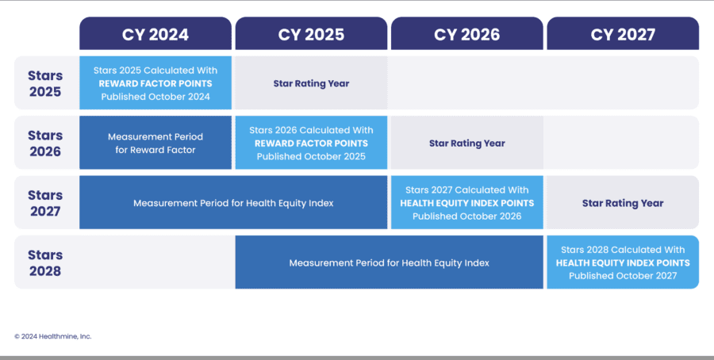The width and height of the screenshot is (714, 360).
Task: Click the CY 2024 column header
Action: click(x=155, y=33)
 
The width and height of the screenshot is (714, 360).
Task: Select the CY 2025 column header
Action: click(x=311, y=33)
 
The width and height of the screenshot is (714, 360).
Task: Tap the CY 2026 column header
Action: click(x=466, y=33)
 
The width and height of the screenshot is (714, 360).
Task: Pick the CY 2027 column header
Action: click(x=623, y=33)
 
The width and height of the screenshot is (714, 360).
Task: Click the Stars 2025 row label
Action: click(x=45, y=83)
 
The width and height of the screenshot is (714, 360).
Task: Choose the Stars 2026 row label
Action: click(x=45, y=144)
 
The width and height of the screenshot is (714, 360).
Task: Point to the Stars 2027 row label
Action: click(x=45, y=203)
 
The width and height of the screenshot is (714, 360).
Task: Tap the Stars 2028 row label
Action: click(x=45, y=262)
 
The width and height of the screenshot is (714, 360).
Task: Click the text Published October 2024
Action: click(x=155, y=97)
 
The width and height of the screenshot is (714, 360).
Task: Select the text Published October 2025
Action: click(x=311, y=156)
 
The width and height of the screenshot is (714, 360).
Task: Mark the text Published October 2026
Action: click(x=466, y=216)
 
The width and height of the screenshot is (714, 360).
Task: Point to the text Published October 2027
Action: click(x=623, y=276)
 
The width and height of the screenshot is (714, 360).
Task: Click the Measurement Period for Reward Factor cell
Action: click(x=155, y=143)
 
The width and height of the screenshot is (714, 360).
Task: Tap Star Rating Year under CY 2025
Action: click(x=311, y=83)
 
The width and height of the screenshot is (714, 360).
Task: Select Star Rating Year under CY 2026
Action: click(x=466, y=144)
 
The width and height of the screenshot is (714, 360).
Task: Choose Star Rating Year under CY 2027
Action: click(x=623, y=203)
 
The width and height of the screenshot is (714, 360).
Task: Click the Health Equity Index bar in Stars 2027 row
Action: click(x=233, y=202)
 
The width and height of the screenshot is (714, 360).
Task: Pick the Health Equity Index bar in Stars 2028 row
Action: click(x=389, y=262)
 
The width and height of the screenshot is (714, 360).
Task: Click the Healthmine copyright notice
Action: click(x=53, y=336)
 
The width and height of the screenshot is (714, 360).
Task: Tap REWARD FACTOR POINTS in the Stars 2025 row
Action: click(x=155, y=83)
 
